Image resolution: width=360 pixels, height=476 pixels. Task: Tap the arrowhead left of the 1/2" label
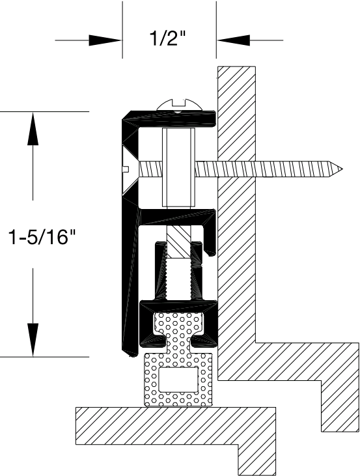[105, 40]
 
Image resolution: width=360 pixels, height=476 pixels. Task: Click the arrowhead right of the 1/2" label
[233, 40]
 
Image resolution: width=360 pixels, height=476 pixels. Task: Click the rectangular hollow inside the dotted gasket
[178, 380]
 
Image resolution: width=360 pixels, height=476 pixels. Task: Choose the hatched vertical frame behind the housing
[237, 195]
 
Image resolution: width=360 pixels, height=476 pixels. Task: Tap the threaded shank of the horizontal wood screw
[273, 169]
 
